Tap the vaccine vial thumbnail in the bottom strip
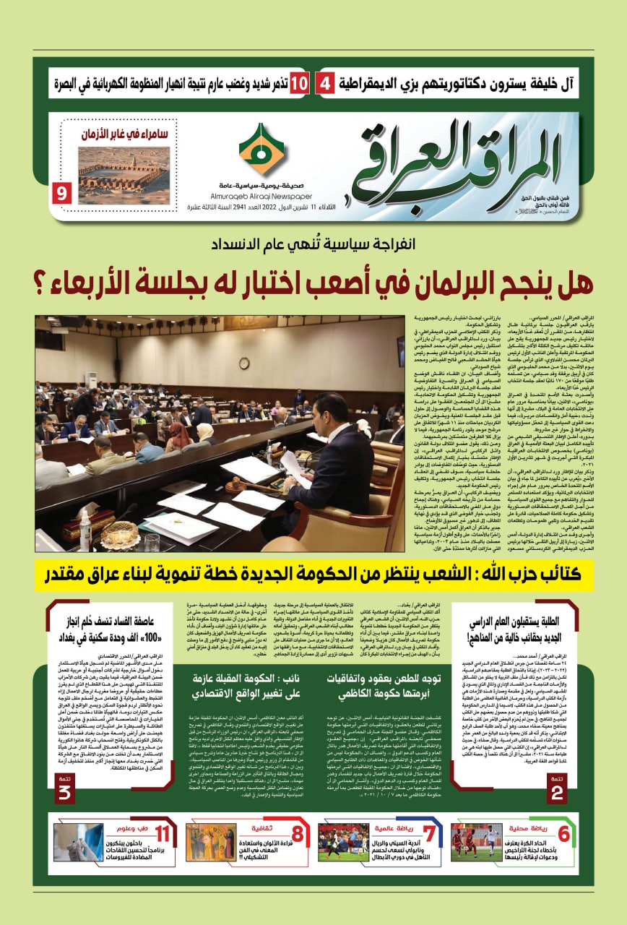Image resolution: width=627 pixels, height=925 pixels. point(79,843)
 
